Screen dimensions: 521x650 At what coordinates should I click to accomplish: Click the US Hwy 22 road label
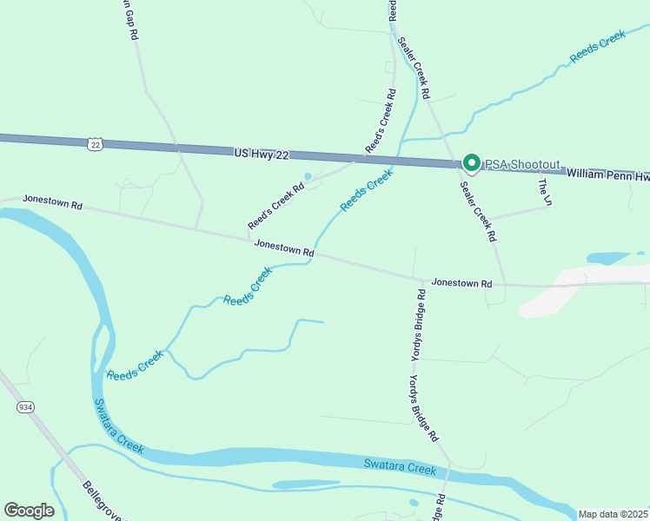click(262, 154)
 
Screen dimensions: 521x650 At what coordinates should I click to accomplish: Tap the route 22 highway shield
click(96, 144)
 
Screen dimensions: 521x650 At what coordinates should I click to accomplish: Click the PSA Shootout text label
click(521, 164)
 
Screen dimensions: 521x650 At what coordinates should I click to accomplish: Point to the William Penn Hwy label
click(608, 175)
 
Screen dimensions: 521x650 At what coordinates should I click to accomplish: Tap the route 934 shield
click(23, 406)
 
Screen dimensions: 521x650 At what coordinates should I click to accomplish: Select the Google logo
click(29, 511)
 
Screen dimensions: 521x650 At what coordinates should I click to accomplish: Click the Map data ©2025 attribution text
click(612, 514)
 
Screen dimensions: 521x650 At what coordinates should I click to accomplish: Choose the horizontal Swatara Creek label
click(400, 469)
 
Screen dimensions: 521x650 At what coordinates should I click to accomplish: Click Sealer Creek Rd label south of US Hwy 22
click(478, 210)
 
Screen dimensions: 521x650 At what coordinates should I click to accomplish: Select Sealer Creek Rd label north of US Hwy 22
click(415, 67)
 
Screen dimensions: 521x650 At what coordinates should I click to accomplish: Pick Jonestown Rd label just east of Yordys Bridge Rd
click(462, 283)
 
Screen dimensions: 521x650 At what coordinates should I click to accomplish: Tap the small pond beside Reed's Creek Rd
click(308, 177)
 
